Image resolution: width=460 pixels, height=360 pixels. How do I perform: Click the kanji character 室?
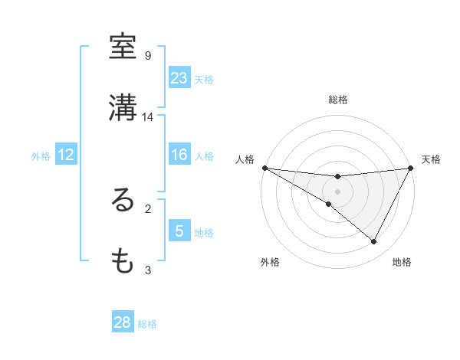[123, 47]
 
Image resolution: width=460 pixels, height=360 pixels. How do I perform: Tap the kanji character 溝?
[123, 108]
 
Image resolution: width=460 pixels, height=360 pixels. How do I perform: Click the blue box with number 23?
[179, 78]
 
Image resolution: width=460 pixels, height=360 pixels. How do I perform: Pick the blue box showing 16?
[179, 155]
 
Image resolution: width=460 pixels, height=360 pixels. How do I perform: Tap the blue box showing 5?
[179, 231]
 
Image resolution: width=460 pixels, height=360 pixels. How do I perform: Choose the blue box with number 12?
[66, 155]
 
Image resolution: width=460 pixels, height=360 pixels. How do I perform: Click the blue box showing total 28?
[123, 322]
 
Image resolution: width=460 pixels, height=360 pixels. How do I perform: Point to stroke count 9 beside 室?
[148, 56]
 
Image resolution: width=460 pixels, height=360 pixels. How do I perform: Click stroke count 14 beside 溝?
[148, 117]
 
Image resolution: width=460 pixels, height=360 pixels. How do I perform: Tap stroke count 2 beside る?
[148, 208]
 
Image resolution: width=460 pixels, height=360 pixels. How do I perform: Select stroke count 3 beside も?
[148, 270]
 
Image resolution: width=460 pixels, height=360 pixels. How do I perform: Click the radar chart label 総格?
[338, 100]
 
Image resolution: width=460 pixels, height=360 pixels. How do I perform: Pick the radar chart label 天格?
[432, 159]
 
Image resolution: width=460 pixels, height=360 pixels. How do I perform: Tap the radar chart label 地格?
[402, 263]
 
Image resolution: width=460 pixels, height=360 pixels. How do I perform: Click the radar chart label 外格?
[271, 263]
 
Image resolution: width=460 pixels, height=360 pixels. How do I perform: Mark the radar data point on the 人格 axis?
[264, 167]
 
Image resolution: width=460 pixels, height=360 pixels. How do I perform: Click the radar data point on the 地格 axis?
[374, 242]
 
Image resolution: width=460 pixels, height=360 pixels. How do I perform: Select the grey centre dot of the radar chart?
[338, 191]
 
